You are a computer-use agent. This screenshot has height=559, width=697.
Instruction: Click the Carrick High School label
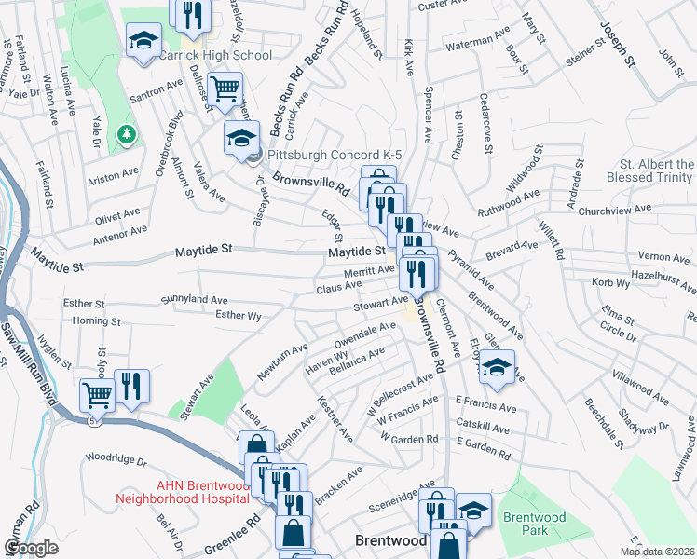coord(215,55)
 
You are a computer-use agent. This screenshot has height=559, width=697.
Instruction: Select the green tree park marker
coord(125,136)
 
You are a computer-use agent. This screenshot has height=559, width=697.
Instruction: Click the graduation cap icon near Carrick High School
coord(143,42)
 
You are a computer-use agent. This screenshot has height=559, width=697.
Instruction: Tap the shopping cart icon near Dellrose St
coord(225,89)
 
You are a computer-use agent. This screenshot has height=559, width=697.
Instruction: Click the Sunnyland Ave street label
coord(194,300)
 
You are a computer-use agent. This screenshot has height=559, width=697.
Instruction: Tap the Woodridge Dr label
coord(116,459)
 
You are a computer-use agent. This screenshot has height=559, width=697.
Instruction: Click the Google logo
coord(32,548)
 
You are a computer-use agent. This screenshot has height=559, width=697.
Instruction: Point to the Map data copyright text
coord(657,552)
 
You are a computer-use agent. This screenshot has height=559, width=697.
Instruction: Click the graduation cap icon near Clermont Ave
coord(498,368)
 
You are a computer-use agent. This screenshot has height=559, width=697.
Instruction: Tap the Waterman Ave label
coord(478,42)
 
